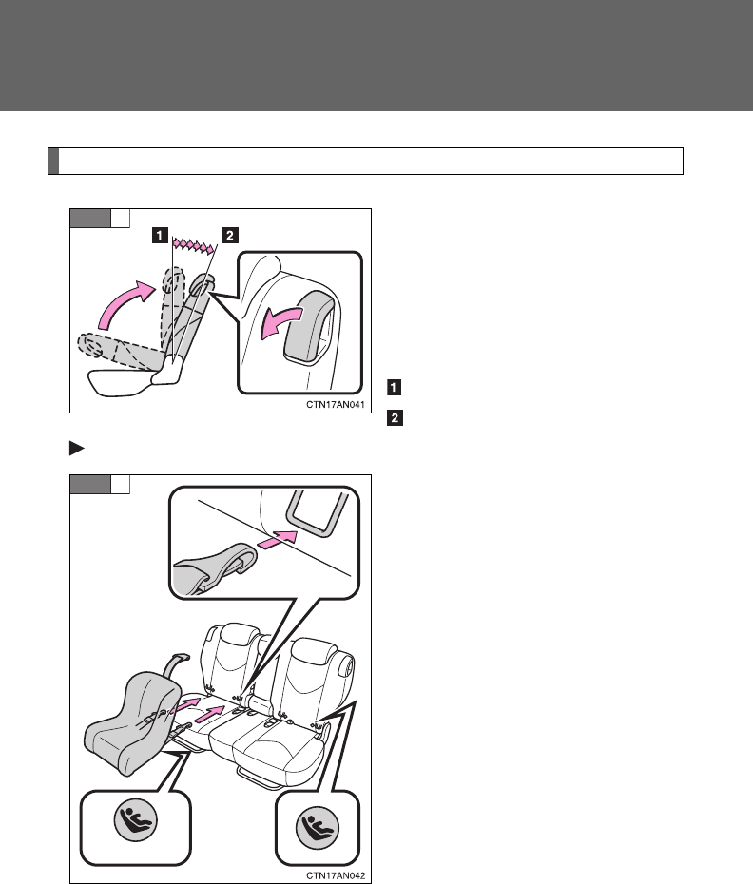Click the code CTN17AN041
tap(336, 405)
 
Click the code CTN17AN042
tap(336, 875)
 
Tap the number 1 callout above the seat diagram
tap(160, 235)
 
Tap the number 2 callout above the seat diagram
tap(230, 235)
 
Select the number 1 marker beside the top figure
tap(394, 387)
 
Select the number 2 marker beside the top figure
tap(395, 417)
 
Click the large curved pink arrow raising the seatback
tap(125, 303)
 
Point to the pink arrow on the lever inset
tap(280, 323)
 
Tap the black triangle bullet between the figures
tap(76, 449)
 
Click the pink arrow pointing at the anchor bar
tap(277, 538)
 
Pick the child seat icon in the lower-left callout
tap(135, 819)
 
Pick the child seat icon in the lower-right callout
tap(318, 827)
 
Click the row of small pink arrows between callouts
tap(195, 244)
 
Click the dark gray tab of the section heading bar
tap(53, 162)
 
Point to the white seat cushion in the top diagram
tap(122, 382)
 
